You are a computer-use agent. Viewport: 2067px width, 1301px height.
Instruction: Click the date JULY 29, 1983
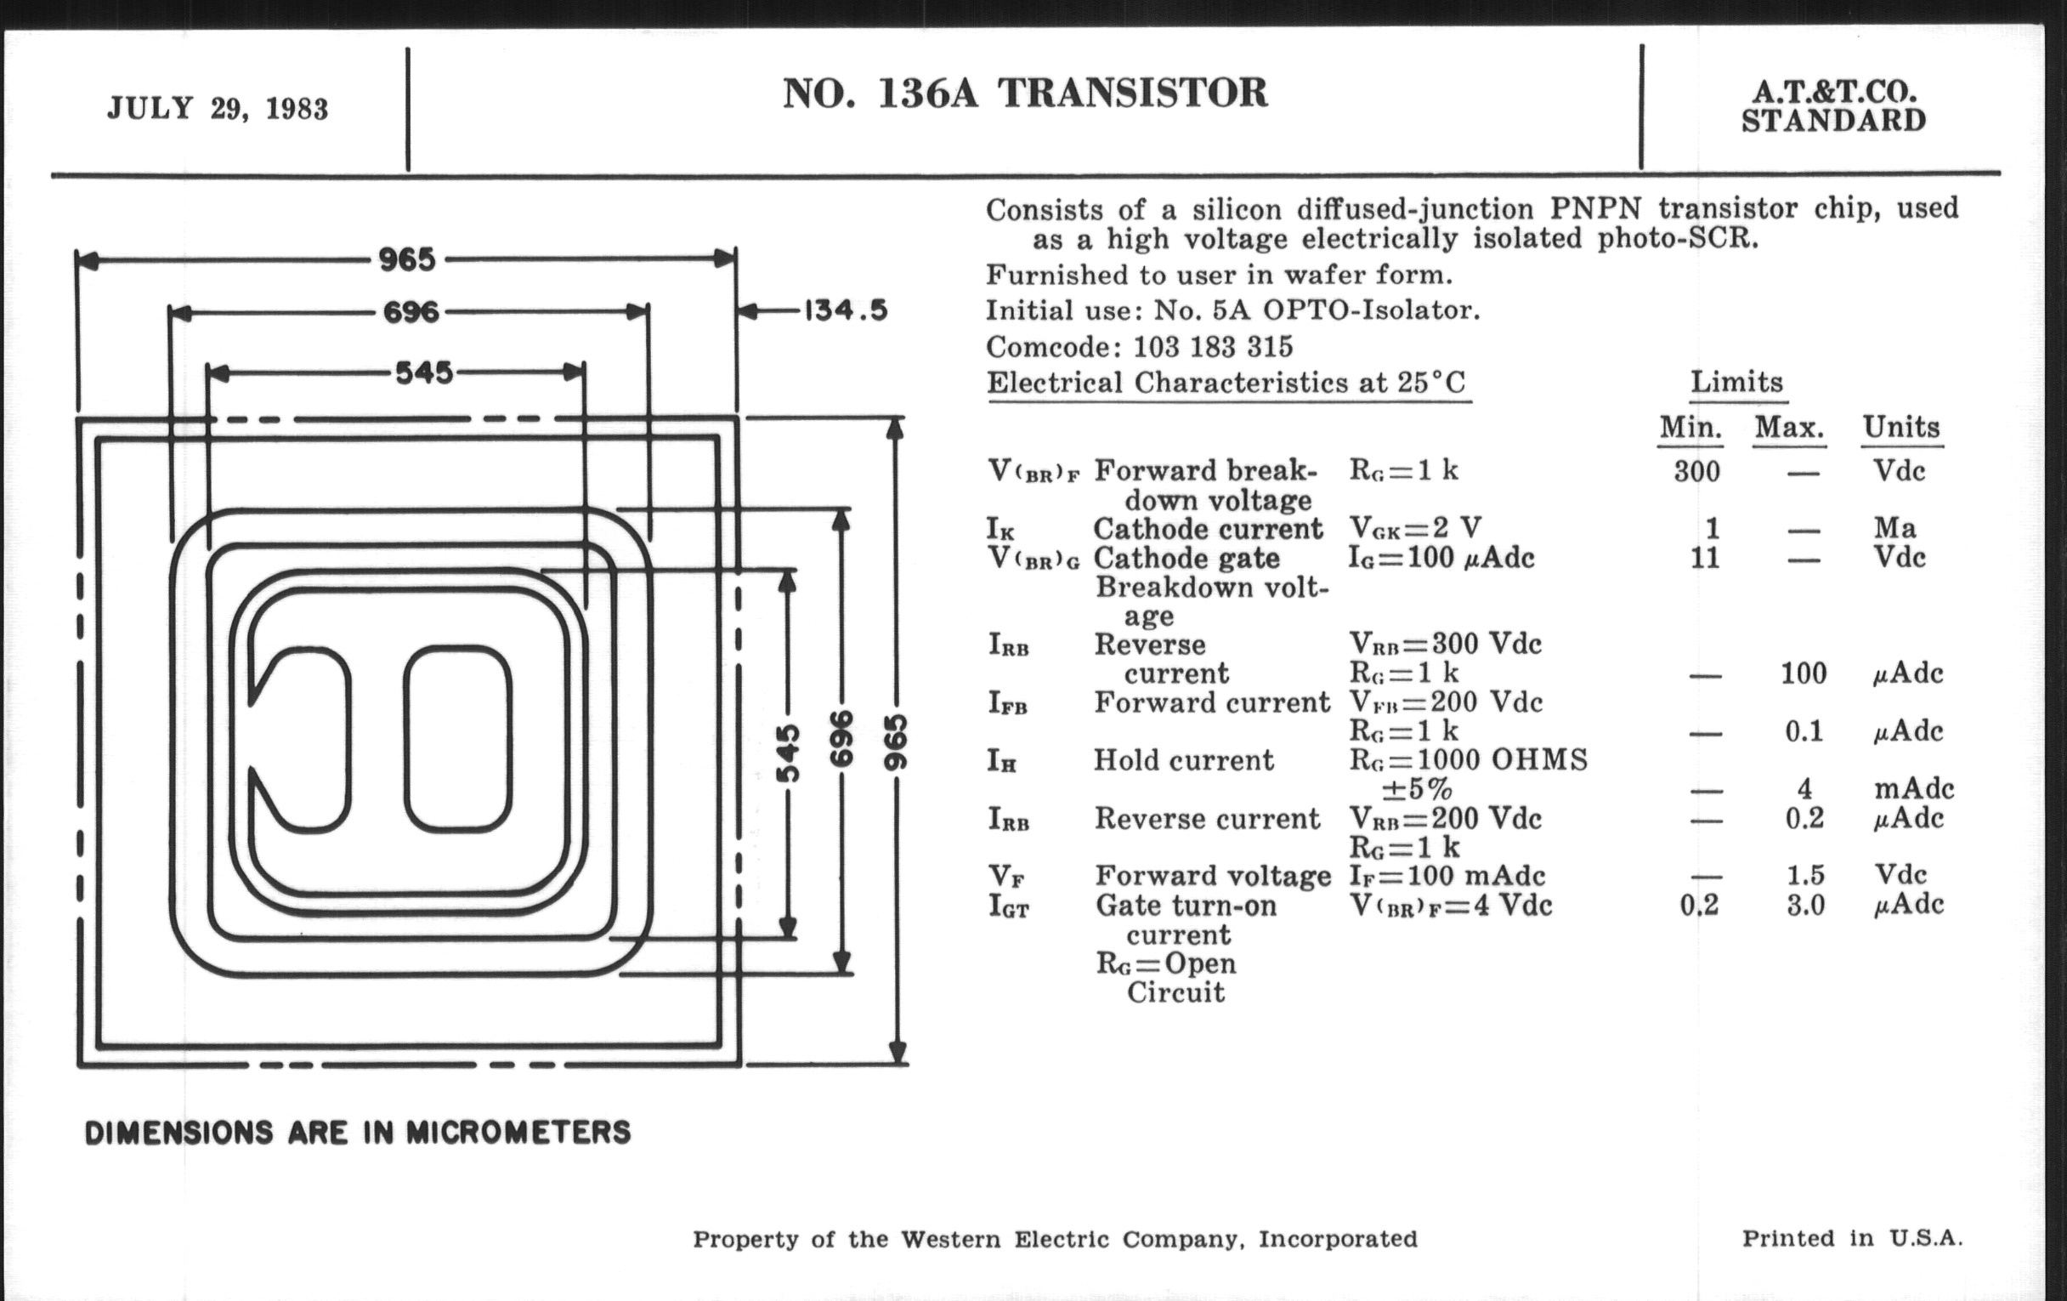click(218, 109)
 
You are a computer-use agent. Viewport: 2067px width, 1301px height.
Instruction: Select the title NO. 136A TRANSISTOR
click(1025, 93)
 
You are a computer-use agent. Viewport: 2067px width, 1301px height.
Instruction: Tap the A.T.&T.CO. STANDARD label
click(1833, 105)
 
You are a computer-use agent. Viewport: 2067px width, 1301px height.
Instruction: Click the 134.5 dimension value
click(846, 310)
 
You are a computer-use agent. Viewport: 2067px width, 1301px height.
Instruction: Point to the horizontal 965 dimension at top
click(408, 258)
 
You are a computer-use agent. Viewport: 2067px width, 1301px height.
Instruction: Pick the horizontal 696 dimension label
click(411, 311)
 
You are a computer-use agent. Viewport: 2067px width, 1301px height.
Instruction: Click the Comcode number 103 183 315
click(1213, 347)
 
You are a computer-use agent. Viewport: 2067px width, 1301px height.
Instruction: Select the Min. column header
click(1690, 427)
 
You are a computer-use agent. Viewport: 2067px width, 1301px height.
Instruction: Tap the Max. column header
click(1790, 427)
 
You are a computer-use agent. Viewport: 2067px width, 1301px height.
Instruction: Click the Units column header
click(1901, 427)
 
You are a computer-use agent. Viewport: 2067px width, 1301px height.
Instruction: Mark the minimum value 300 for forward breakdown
click(1697, 471)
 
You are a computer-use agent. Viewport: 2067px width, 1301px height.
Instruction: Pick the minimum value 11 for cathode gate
click(1705, 558)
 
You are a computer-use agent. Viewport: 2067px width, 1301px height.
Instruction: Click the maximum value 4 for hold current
click(1804, 788)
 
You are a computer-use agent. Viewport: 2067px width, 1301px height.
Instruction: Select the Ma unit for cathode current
click(1894, 527)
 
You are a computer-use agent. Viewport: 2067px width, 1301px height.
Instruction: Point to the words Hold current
click(1183, 760)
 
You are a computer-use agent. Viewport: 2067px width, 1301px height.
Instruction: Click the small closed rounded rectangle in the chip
click(458, 740)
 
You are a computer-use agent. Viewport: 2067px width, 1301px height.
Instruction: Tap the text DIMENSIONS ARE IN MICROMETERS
click(358, 1133)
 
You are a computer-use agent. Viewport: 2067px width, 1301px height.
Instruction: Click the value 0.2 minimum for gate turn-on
click(1700, 905)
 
